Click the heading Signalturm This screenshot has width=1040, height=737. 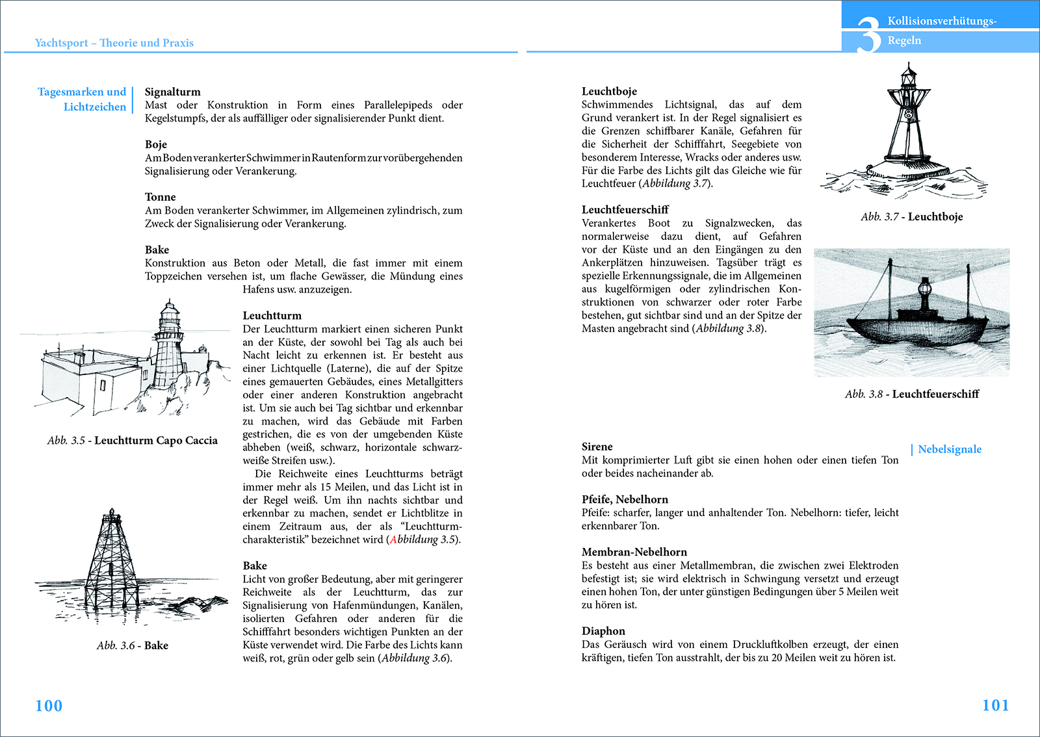pyautogui.click(x=172, y=92)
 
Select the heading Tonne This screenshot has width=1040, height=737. pyautogui.click(x=160, y=197)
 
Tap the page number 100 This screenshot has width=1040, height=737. pyautogui.click(x=49, y=706)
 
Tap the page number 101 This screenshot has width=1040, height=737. pyautogui.click(x=995, y=705)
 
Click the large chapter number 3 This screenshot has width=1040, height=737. pyautogui.click(x=868, y=36)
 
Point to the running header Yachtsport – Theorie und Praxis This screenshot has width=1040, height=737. pyautogui.click(x=114, y=43)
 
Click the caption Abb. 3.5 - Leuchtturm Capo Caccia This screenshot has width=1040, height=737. pyautogui.click(x=132, y=440)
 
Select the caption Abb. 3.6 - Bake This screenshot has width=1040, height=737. pyautogui.click(x=133, y=645)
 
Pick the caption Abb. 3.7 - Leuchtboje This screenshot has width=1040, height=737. pyautogui.click(x=911, y=216)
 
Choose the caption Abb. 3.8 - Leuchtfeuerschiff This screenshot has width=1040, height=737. pyautogui.click(x=911, y=394)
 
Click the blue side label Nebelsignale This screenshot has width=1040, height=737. pyautogui.click(x=949, y=449)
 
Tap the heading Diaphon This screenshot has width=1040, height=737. pyautogui.click(x=603, y=631)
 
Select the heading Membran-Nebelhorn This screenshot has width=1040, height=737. pyautogui.click(x=634, y=552)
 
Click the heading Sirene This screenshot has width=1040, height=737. pyautogui.click(x=597, y=446)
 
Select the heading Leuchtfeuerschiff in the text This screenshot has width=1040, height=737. pyautogui.click(x=625, y=209)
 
